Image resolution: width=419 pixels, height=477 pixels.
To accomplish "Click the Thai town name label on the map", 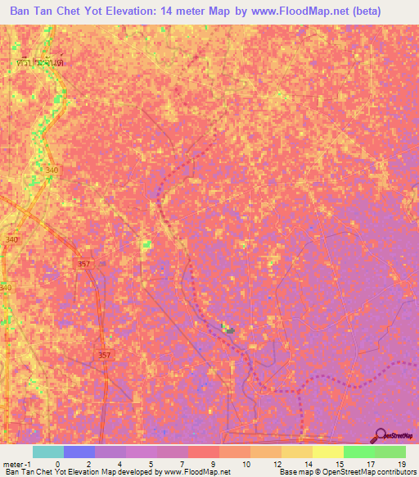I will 40,61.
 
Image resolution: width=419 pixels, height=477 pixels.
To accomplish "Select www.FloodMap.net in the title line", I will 303,12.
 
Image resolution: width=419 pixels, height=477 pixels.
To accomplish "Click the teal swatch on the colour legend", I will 48,452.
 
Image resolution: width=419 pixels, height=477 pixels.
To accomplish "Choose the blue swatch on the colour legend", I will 79,452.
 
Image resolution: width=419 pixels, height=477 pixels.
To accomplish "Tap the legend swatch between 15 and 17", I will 359,452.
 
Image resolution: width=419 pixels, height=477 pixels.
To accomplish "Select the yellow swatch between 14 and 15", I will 328,452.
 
